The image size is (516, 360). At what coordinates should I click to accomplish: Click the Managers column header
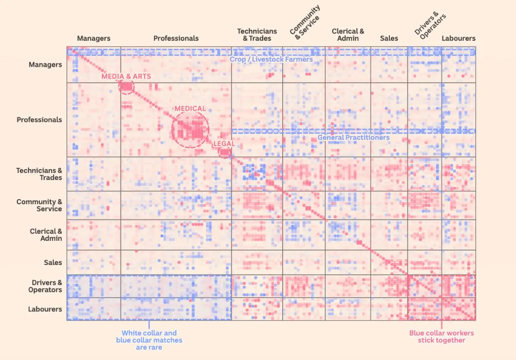[x=94, y=38]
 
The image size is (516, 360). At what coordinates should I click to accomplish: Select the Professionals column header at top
[x=176, y=38]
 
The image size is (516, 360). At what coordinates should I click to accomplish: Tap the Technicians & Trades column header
[x=257, y=35]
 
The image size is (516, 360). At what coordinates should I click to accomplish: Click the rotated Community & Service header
[x=305, y=22]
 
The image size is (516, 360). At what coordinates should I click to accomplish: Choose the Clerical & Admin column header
[x=348, y=35]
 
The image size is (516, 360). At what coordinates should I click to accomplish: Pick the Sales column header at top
[x=389, y=38]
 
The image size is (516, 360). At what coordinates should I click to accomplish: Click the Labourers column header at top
[x=458, y=38]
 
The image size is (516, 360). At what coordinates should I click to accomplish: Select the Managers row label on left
[x=45, y=65]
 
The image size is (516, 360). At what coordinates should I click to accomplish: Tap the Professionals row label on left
[x=39, y=120]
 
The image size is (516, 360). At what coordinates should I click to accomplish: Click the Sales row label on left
[x=53, y=262]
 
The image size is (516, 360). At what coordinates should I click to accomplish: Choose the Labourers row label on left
[x=45, y=309]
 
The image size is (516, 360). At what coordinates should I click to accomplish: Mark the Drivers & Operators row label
[x=45, y=286]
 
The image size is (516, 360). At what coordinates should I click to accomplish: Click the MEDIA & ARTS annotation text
[x=126, y=76]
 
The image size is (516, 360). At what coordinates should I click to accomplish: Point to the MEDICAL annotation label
[x=190, y=108]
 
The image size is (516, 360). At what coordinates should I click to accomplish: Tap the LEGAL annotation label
[x=224, y=143]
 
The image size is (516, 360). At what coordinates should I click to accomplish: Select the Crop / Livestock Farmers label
[x=271, y=59]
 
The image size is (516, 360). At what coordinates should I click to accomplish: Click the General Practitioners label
[x=353, y=137]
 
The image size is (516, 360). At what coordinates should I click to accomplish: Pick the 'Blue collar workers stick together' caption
[x=441, y=336]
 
